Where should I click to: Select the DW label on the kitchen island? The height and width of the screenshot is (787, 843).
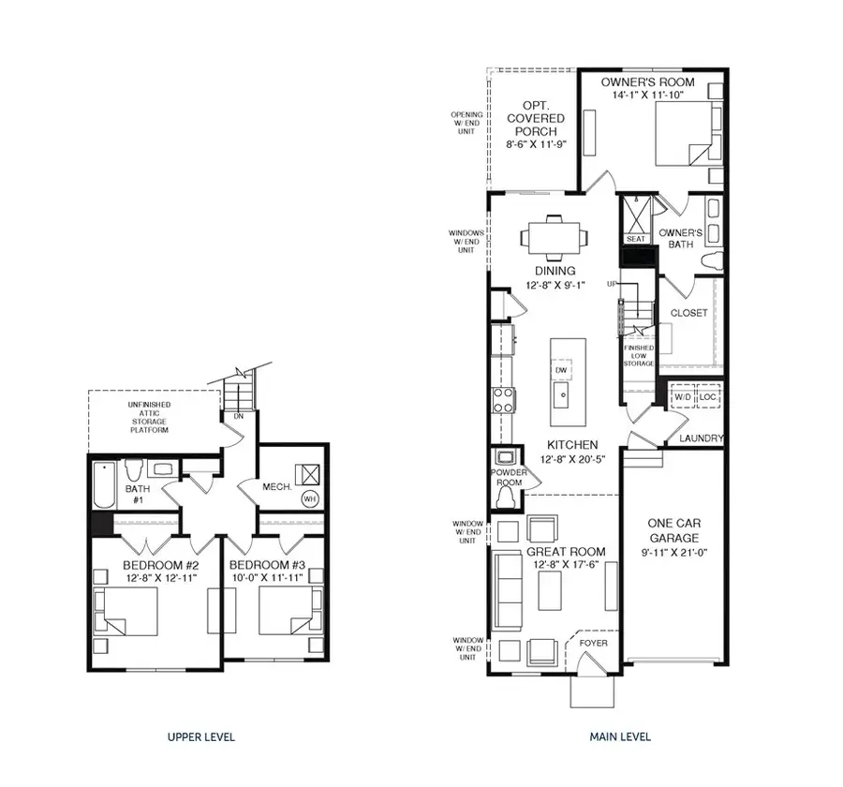click(x=561, y=370)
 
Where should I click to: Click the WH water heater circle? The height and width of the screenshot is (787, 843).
click(x=309, y=499)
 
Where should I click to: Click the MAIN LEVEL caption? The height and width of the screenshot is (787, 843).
click(x=620, y=737)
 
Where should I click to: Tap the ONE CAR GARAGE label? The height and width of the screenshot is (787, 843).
click(x=673, y=531)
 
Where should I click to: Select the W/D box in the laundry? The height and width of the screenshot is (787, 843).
click(x=683, y=397)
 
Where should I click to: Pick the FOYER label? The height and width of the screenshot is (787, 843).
click(x=593, y=643)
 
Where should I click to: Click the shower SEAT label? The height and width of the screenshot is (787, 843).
click(x=636, y=240)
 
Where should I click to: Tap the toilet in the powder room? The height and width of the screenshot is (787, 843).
click(x=506, y=497)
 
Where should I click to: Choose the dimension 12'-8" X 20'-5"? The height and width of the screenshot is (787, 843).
click(x=574, y=460)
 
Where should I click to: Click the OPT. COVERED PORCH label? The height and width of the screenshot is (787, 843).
click(x=536, y=125)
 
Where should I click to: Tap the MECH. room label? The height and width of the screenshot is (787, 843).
click(x=278, y=487)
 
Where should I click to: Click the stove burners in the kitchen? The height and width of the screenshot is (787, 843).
click(x=503, y=400)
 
